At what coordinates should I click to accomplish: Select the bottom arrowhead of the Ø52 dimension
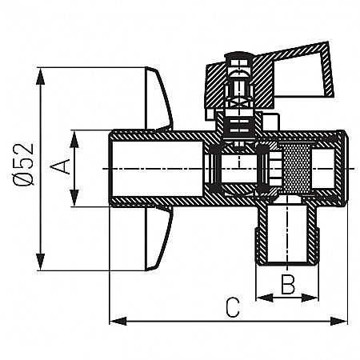click(38, 265)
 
